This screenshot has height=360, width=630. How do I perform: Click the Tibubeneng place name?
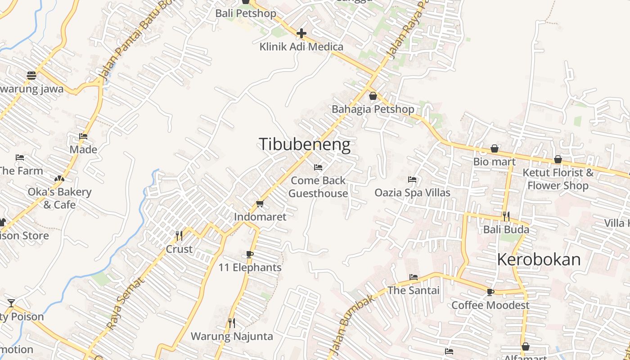(x=305, y=144)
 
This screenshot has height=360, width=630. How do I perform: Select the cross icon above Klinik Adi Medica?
(x=301, y=33)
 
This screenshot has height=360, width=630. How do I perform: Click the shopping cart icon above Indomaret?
(x=260, y=204)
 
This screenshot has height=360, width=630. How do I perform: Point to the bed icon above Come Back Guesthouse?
(x=318, y=167)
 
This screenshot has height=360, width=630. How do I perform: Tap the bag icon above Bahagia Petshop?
(x=373, y=96)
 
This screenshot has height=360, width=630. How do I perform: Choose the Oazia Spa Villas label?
(x=412, y=193)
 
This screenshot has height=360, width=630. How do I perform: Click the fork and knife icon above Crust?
(x=179, y=235)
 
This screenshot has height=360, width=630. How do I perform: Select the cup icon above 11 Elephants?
(x=250, y=255)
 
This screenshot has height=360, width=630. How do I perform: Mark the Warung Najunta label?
(x=232, y=336)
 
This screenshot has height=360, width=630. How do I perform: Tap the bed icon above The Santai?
(x=414, y=277)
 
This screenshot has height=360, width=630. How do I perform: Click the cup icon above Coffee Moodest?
(x=490, y=292)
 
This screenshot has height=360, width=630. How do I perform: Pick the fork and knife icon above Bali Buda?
(x=506, y=216)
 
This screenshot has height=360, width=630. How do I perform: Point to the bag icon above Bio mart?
(x=495, y=148)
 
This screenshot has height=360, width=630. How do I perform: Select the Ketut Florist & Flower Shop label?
(x=558, y=179)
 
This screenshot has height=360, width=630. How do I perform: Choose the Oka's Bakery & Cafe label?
(x=59, y=198)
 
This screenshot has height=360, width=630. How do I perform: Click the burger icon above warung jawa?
(x=31, y=76)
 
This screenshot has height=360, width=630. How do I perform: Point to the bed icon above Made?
(x=83, y=136)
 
